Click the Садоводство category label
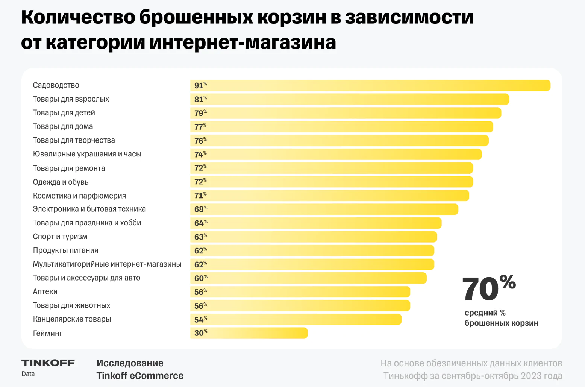(56, 85)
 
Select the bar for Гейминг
(249, 333)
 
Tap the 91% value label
(200, 85)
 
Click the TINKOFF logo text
(48, 363)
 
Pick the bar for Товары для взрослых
(350, 99)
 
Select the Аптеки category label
(45, 291)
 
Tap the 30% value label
(200, 333)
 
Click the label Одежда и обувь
(61, 182)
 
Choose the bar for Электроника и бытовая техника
(324, 209)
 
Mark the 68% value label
(200, 209)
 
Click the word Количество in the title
(78, 17)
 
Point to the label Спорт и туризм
(60, 237)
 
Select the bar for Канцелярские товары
(296, 319)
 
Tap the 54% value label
(200, 319)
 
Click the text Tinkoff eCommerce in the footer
(140, 376)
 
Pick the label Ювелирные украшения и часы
(87, 154)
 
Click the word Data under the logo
(28, 374)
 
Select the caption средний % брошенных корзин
(501, 318)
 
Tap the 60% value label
(200, 278)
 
